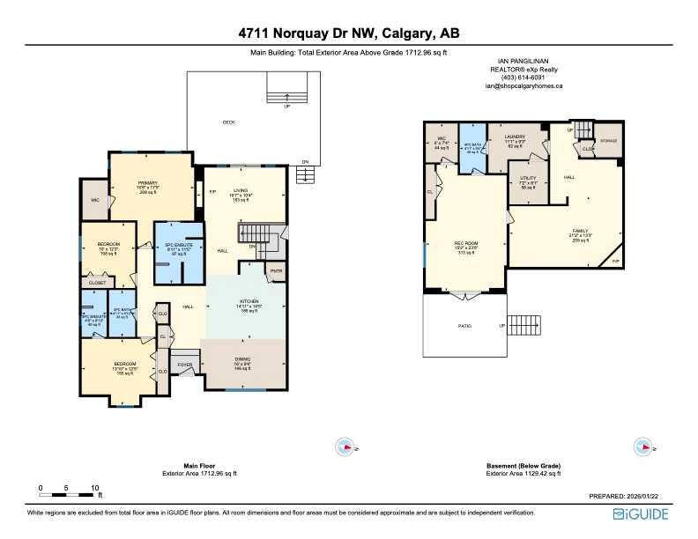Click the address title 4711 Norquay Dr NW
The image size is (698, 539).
[348, 34]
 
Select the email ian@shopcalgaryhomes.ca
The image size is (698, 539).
[523, 85]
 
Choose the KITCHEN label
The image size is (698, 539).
[247, 301]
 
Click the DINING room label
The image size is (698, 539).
[244, 358]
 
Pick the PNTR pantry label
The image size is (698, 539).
[276, 270]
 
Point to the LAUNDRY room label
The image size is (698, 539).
[515, 137]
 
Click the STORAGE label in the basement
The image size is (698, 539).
[608, 141]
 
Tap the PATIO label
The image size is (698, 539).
[464, 326]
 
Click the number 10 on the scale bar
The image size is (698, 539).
[94, 487]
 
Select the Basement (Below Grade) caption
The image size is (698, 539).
[523, 466]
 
